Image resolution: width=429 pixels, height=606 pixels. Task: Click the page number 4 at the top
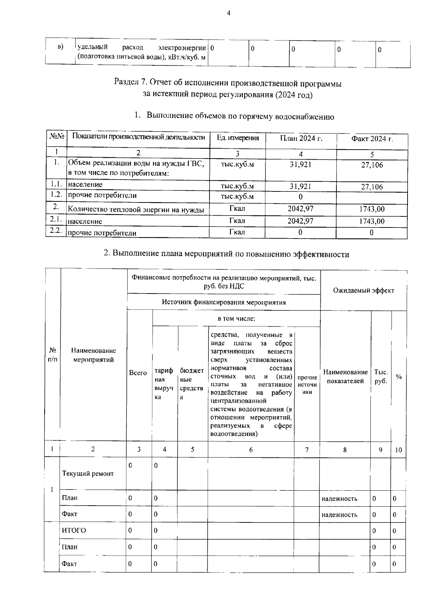click(x=229, y=13)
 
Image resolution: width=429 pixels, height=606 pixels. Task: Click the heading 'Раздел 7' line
click(x=228, y=84)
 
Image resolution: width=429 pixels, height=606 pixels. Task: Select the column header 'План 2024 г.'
click(x=301, y=138)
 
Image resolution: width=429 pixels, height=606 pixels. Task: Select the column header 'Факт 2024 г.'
click(x=372, y=139)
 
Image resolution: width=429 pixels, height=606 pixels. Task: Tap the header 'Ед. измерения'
click(x=238, y=138)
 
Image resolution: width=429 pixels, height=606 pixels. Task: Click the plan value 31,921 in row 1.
click(x=301, y=165)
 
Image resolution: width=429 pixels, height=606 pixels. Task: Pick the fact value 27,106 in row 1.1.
click(x=372, y=187)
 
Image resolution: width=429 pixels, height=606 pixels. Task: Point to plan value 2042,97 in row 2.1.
click(x=300, y=221)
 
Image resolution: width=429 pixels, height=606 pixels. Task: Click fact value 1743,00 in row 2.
click(x=372, y=209)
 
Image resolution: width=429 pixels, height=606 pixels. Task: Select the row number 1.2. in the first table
click(x=56, y=195)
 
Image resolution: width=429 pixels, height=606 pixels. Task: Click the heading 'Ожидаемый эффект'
click(x=364, y=290)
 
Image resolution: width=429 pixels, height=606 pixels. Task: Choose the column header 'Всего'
click(x=138, y=373)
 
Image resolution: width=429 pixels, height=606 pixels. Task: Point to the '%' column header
click(x=399, y=377)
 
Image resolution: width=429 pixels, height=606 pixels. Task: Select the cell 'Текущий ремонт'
click(x=88, y=474)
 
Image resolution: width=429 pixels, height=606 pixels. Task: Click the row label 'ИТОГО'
click(x=74, y=530)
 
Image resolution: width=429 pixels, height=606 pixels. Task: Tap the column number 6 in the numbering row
click(x=251, y=450)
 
